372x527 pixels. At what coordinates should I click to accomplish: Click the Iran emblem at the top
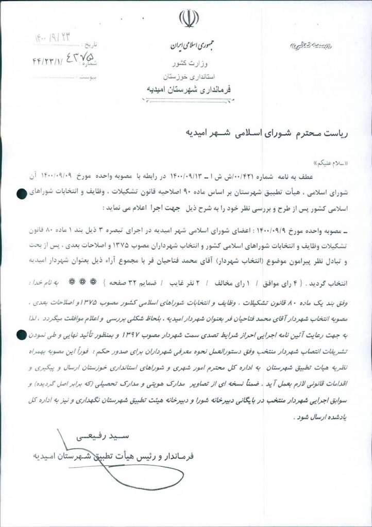click(x=186, y=19)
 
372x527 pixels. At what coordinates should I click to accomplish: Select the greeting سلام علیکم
click(x=330, y=163)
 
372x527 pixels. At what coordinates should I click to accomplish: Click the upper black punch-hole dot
click(x=21, y=194)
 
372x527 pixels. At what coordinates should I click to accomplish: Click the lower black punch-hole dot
click(x=21, y=335)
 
